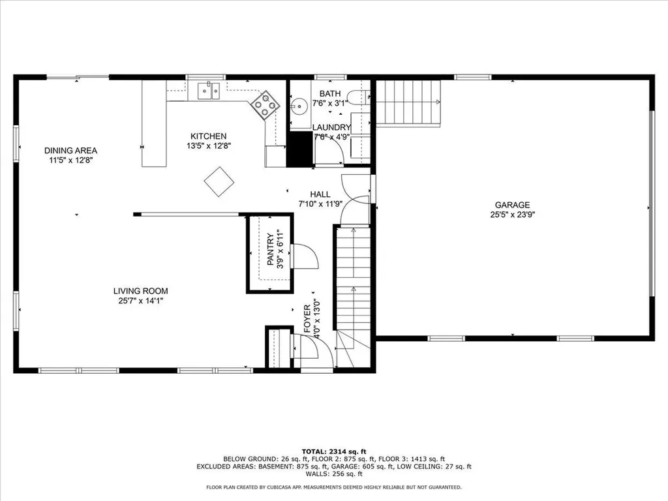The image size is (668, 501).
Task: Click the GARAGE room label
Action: point(511,204)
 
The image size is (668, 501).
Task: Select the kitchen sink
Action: point(209,91)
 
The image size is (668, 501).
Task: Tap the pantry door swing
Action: point(304,256)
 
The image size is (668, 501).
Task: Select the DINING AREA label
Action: point(70,150)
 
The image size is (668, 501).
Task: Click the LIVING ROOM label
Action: point(140,291)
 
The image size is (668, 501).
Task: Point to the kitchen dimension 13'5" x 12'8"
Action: point(208,146)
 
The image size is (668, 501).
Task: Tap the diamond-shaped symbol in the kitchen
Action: point(219,181)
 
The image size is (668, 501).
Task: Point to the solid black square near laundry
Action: point(300,149)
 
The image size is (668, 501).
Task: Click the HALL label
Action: point(320,194)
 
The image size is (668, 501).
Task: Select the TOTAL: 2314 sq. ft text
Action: point(333,451)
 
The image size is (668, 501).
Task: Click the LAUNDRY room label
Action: point(331,127)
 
